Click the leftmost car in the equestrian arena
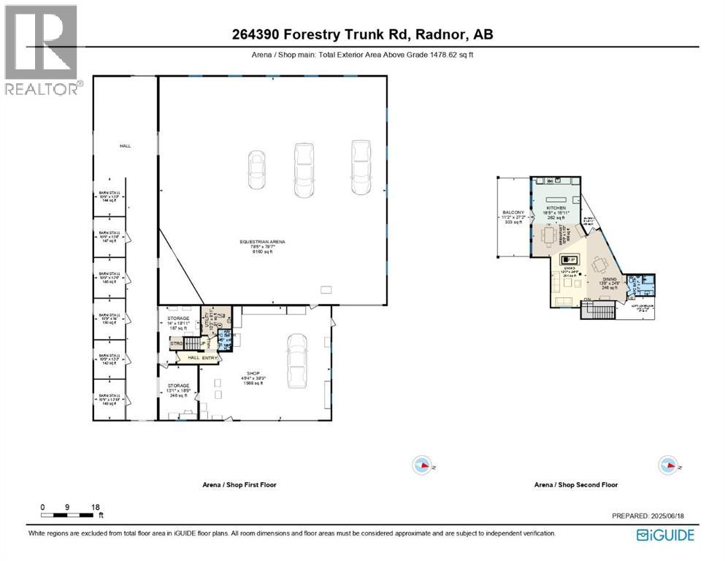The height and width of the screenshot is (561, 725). click(257, 170)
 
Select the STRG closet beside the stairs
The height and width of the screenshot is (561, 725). click(177, 343)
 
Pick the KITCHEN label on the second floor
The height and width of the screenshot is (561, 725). click(557, 208)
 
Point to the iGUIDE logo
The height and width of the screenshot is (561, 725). click(665, 535)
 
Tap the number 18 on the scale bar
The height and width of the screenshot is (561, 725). click(95, 506)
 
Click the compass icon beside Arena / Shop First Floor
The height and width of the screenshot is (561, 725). click(422, 465)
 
